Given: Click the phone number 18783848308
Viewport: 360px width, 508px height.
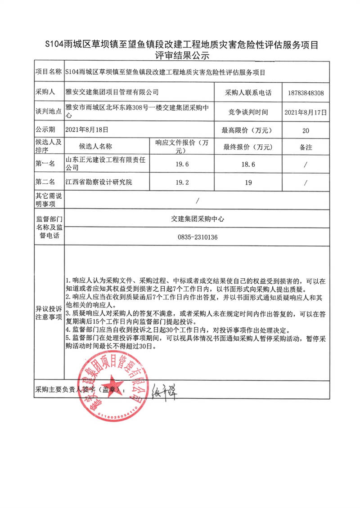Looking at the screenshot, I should (305, 93).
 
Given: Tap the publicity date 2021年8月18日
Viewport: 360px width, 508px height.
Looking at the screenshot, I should (87, 130).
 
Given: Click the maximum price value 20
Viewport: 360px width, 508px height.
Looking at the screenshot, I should (306, 130).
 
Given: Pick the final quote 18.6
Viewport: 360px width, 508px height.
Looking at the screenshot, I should (248, 165).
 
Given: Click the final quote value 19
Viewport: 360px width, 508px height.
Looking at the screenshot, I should (248, 183).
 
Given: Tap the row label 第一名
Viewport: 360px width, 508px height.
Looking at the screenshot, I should (45, 165).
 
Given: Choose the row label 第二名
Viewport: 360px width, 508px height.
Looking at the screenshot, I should (45, 183).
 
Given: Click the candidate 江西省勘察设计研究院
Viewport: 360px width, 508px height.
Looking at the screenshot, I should (99, 183).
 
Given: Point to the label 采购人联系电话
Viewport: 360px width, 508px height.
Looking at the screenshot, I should (248, 93).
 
